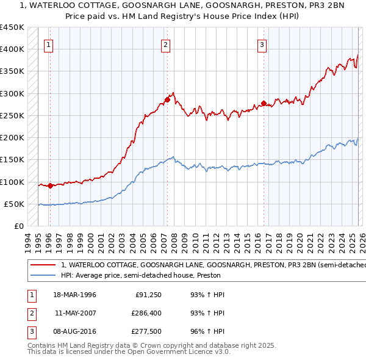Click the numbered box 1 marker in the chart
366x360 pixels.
48,44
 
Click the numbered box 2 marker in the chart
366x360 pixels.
166,44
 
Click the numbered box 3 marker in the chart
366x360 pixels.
262,44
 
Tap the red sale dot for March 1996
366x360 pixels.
50,185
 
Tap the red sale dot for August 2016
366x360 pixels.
264,103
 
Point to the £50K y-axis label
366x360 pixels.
14,204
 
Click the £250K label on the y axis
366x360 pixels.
12,115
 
